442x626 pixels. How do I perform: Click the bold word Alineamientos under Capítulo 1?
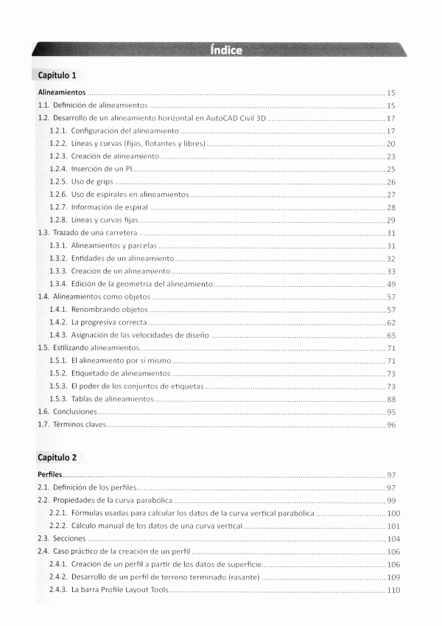click(x=63, y=94)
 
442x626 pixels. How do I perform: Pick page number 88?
click(x=391, y=399)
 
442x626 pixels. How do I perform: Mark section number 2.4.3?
click(x=58, y=590)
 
